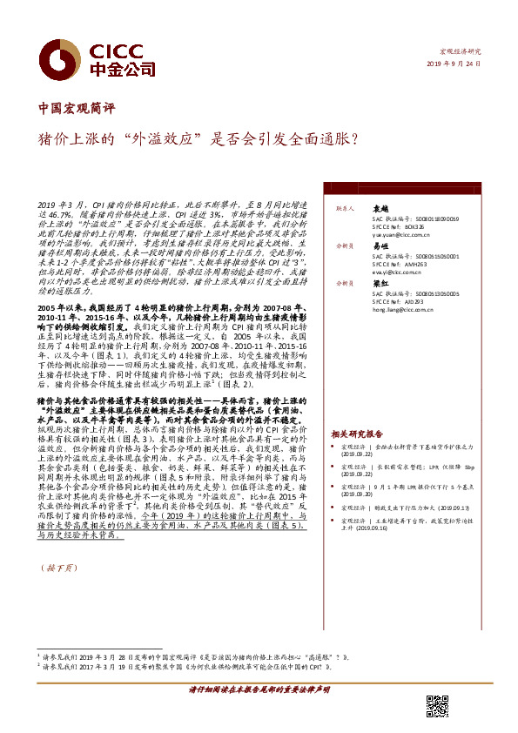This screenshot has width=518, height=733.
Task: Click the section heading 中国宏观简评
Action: point(77,110)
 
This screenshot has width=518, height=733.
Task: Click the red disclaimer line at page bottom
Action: point(259,689)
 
